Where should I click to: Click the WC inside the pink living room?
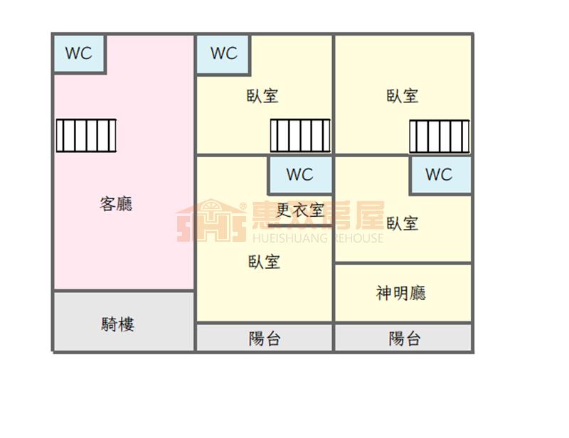[x=79, y=53]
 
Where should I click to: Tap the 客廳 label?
[x=116, y=205]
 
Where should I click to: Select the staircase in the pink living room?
[x=86, y=135]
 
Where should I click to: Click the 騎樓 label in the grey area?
[x=118, y=325]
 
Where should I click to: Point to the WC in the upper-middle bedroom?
[x=223, y=53]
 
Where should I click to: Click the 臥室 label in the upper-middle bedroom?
[x=262, y=96]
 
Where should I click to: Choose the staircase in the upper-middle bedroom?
[x=300, y=135]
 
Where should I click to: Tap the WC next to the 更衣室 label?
[x=299, y=174]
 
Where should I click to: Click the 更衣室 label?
[x=300, y=210]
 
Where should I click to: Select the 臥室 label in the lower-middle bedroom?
[x=264, y=262]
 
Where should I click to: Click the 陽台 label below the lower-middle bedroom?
[x=264, y=338]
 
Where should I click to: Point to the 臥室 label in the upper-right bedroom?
[x=402, y=96]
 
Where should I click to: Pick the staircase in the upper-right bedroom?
[x=439, y=136]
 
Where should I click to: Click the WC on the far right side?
[x=439, y=174]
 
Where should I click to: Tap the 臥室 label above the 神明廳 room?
[x=402, y=223]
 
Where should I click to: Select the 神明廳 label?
[x=401, y=293]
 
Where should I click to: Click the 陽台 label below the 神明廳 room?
[x=404, y=338]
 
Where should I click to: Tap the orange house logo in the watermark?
[x=211, y=221]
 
